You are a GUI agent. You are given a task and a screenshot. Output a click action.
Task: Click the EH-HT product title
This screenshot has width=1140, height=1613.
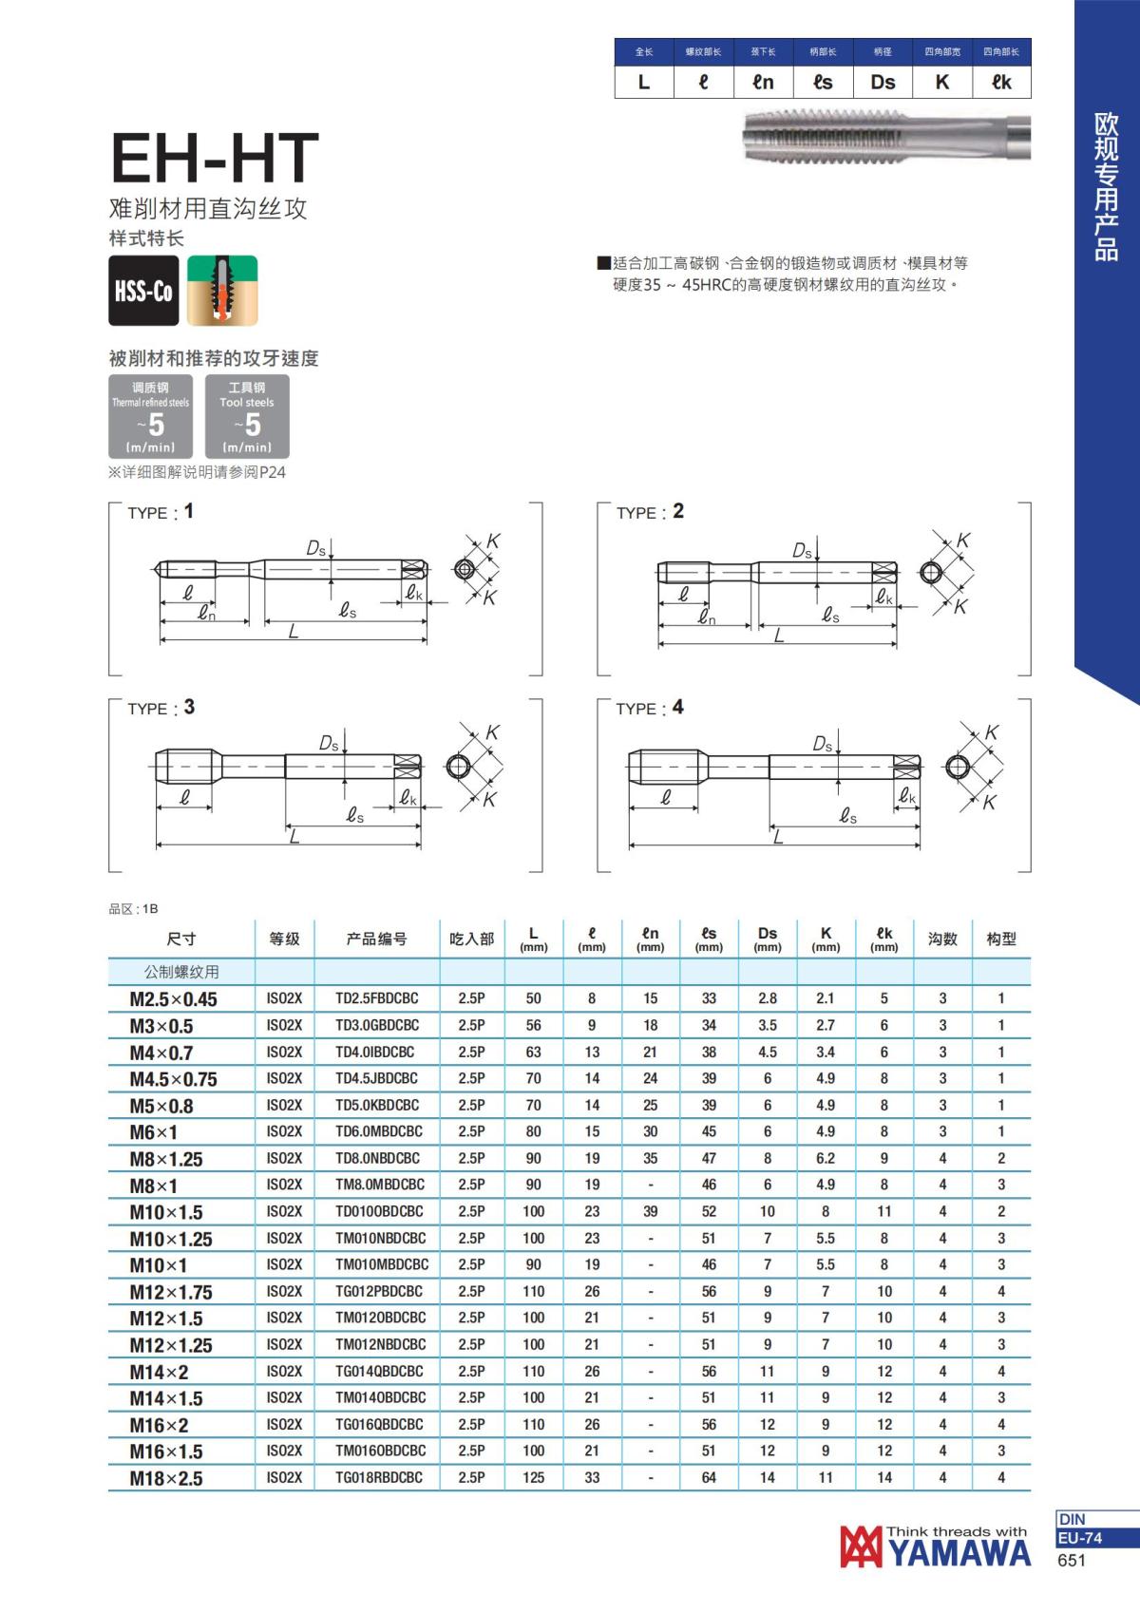215,159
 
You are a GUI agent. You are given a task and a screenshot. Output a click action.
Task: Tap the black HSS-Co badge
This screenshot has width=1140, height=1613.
143,291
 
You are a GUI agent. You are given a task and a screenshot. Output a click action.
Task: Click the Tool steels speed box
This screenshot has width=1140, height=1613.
247,417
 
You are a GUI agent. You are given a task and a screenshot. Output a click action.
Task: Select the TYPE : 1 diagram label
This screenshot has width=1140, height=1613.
161,512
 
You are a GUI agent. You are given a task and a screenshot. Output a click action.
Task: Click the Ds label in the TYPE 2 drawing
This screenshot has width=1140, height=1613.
802,551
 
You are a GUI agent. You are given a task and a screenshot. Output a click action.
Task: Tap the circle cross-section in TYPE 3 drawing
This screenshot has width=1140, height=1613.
459,767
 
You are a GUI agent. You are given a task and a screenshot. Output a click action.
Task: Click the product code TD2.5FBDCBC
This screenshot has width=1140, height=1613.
377,998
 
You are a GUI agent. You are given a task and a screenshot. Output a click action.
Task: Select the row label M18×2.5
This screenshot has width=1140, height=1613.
166,1478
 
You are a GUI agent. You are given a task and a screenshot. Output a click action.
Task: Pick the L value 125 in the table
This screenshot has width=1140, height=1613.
534,1477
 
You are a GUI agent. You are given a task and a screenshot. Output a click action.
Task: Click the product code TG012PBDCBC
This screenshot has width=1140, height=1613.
379,1291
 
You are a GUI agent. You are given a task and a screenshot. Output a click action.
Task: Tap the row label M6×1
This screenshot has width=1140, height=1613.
154,1132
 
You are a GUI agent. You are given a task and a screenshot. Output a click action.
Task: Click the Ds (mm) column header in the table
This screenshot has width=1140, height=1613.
768,939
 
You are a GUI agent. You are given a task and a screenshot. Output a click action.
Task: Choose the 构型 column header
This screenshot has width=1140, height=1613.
1001,939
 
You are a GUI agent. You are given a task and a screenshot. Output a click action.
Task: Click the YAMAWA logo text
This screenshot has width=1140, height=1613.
959,1553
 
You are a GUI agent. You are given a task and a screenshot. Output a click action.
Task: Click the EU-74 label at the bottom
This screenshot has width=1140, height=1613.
1081,1538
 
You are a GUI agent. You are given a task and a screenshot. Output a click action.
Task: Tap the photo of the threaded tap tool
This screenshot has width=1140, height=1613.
885,136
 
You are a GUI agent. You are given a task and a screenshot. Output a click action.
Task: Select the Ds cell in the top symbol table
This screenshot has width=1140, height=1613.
883,83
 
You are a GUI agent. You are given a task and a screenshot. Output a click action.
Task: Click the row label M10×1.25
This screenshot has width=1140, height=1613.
171,1239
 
